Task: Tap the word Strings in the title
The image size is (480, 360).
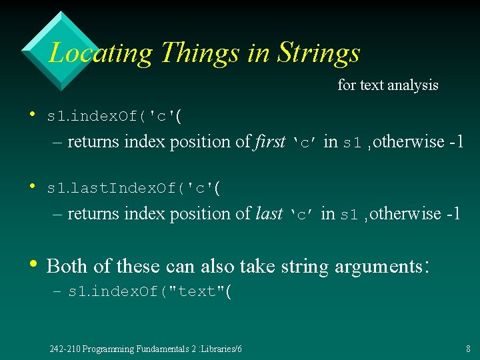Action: point(318,53)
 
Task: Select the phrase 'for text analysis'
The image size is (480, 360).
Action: point(387,85)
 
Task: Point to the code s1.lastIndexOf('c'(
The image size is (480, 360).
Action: point(133,189)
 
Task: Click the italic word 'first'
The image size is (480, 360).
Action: point(269,141)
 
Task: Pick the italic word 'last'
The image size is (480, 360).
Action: point(269,213)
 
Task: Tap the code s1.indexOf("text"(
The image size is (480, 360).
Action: point(150,292)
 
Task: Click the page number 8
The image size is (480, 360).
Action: point(468,349)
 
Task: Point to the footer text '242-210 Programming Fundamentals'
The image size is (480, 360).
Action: point(120,349)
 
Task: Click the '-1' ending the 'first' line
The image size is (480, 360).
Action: point(456,141)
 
